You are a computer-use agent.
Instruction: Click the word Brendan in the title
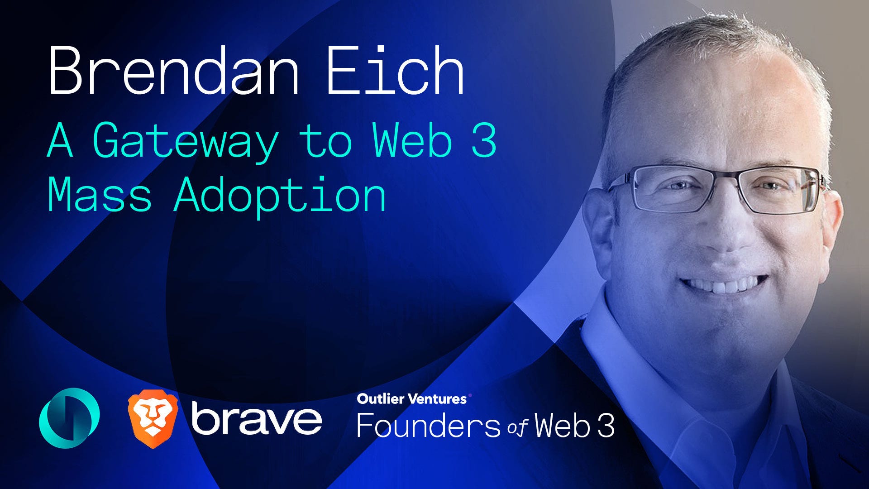pyautogui.click(x=174, y=71)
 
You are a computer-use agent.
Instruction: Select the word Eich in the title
pyautogui.click(x=395, y=71)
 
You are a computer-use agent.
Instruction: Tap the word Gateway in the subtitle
pyautogui.click(x=186, y=141)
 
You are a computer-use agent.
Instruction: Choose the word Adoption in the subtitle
pyautogui.click(x=280, y=196)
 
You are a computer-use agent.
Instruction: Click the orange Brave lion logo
pyautogui.click(x=153, y=418)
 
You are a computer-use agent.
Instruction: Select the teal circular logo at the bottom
pyautogui.click(x=69, y=417)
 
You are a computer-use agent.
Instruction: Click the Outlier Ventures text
pyautogui.click(x=411, y=399)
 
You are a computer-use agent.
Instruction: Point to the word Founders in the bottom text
pyautogui.click(x=428, y=426)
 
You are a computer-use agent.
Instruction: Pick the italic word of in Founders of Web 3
pyautogui.click(x=518, y=427)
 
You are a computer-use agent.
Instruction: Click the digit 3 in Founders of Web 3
pyautogui.click(x=606, y=426)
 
